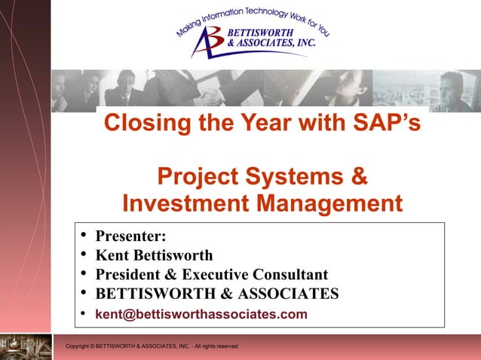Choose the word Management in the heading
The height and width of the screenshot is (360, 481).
330,204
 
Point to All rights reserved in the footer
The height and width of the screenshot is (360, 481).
216,346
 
